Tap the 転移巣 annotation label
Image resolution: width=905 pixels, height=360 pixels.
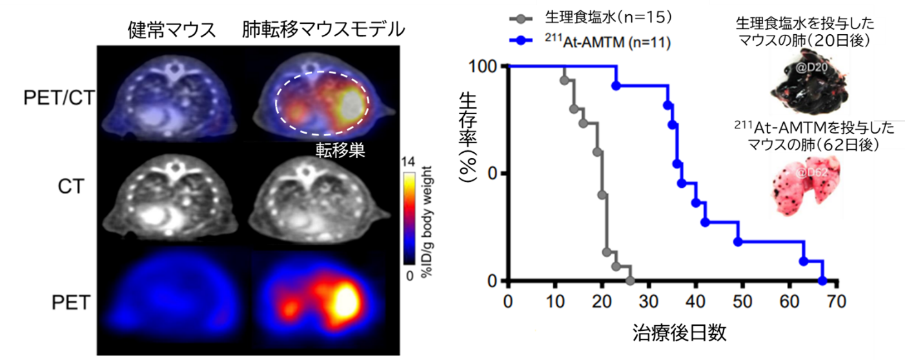point(341,150)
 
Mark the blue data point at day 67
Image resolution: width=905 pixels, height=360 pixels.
point(822,281)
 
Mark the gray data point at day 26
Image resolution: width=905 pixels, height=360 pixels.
point(630,281)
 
